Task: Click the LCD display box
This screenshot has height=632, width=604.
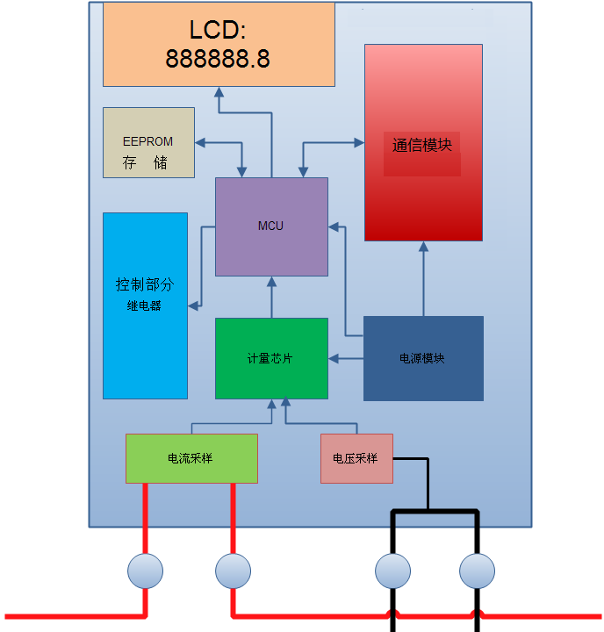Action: [219, 45]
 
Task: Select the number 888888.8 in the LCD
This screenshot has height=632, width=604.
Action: [218, 59]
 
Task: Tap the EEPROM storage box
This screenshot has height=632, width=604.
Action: [148, 143]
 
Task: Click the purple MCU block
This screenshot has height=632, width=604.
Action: [272, 227]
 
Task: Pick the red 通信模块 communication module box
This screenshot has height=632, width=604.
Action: [423, 143]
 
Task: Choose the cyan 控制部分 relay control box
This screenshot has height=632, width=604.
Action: [145, 306]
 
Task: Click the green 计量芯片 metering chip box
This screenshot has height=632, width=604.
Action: [272, 358]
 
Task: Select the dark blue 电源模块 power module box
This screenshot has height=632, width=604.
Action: [423, 358]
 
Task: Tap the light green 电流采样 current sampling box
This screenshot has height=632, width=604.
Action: [191, 458]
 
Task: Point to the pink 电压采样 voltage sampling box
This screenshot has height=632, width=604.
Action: [356, 458]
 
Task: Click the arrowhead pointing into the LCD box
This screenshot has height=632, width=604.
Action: [219, 92]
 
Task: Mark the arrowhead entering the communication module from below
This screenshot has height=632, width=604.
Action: [423, 247]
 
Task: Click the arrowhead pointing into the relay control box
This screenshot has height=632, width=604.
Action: [193, 306]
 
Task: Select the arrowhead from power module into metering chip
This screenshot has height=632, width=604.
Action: [334, 358]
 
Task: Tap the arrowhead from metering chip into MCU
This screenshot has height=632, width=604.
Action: [272, 282]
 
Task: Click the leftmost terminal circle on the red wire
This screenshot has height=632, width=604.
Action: [145, 571]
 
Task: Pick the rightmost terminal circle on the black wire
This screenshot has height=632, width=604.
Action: [477, 571]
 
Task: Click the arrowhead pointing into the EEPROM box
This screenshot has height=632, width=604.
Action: [200, 143]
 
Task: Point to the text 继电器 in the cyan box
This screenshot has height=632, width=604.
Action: [144, 306]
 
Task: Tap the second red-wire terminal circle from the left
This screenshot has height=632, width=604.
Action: [233, 571]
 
